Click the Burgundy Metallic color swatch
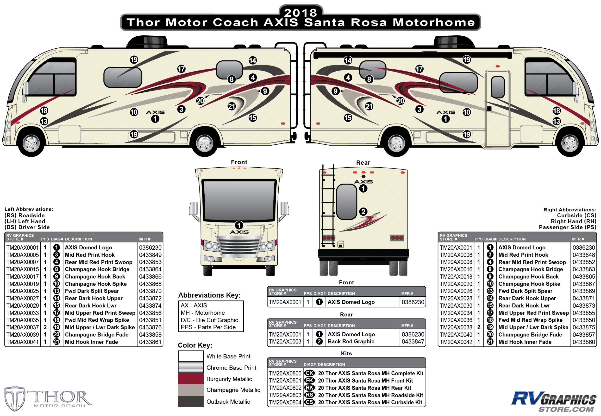pyautogui.click(x=191, y=378)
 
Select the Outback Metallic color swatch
pyautogui.click(x=191, y=401)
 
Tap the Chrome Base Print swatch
pyautogui.click(x=191, y=367)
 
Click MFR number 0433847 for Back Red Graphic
pyautogui.click(x=413, y=341)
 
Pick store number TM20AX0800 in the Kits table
pyautogui.click(x=285, y=373)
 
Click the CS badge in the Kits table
pyautogui.click(x=309, y=402)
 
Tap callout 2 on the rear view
pyautogui.click(x=363, y=212)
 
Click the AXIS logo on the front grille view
pyautogui.click(x=239, y=232)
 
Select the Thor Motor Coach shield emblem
pyautogui.click(x=15, y=398)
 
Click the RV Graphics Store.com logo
pyautogui.click(x=554, y=401)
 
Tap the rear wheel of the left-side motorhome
pyautogui.click(x=205, y=143)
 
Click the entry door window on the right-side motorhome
pyautogui.click(x=498, y=87)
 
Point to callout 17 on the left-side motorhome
pyautogui.click(x=182, y=69)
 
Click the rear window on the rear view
pyautogui.click(x=346, y=202)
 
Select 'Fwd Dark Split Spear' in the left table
pyautogui.click(x=92, y=291)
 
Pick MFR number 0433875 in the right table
pyautogui.click(x=583, y=327)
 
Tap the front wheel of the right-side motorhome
pyautogui.click(x=570, y=143)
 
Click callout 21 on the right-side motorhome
pyautogui.click(x=369, y=106)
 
